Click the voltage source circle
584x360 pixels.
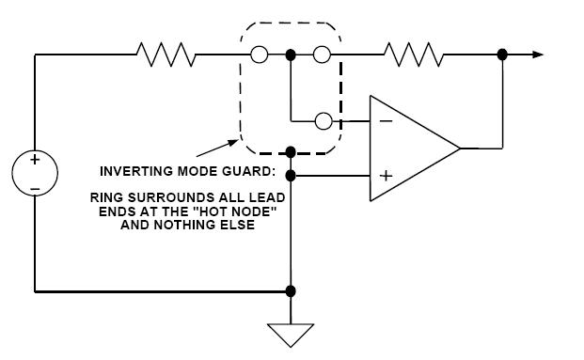(x=35, y=174)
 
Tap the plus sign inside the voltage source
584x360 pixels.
(x=35, y=161)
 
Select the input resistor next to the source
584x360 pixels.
(x=166, y=55)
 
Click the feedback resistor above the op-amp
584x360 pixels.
(x=415, y=55)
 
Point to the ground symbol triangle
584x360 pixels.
(x=291, y=335)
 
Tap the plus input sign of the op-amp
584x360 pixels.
(x=385, y=175)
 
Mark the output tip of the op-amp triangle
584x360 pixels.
(x=459, y=148)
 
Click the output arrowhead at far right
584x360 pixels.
(x=537, y=55)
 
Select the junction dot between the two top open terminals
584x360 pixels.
(x=291, y=55)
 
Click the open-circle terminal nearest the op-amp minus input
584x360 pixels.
(x=322, y=121)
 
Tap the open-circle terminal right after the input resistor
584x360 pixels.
(x=259, y=55)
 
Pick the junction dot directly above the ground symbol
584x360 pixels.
(x=291, y=291)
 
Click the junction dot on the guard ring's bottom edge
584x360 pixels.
(x=291, y=151)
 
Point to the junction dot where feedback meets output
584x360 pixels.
(x=503, y=55)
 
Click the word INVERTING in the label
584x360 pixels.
(x=133, y=172)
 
